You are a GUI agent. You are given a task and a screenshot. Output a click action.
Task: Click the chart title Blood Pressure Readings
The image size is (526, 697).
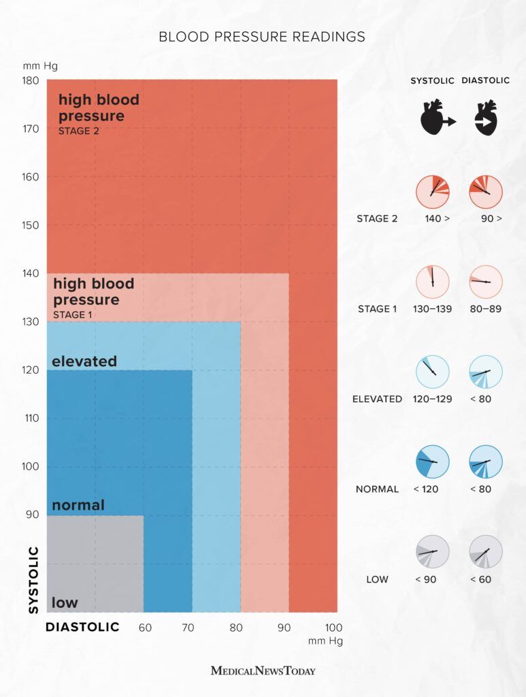(x=262, y=37)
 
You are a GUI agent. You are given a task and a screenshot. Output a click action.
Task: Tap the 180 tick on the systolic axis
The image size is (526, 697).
(x=30, y=80)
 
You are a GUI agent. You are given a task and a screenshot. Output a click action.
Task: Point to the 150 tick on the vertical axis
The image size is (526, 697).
(x=30, y=225)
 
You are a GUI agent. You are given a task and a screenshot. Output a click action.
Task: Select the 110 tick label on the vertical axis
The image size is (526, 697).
(x=30, y=418)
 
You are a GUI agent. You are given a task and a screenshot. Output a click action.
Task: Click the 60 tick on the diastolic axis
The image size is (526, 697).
(x=145, y=627)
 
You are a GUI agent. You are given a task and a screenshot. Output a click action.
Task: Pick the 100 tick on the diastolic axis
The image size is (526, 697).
(x=334, y=627)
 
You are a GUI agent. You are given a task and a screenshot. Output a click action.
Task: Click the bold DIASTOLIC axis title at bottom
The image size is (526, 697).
(x=82, y=627)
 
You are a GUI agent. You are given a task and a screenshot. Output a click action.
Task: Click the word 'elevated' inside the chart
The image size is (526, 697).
(x=84, y=361)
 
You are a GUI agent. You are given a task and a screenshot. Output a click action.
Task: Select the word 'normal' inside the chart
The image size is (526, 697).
(x=78, y=505)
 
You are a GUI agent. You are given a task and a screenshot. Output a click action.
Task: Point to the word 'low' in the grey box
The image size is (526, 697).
(x=65, y=602)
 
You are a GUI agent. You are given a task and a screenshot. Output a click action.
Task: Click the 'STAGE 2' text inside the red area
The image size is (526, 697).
(x=78, y=131)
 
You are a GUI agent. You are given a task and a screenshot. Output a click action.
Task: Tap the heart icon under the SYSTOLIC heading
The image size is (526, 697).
(x=433, y=120)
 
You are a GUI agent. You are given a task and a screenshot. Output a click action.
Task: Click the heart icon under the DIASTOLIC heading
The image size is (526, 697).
(x=485, y=120)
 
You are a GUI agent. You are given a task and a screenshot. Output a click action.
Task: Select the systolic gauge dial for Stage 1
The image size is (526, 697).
(x=432, y=282)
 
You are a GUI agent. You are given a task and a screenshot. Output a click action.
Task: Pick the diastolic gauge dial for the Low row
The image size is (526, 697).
(x=486, y=552)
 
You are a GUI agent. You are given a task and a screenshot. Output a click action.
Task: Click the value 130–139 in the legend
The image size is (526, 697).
(x=432, y=309)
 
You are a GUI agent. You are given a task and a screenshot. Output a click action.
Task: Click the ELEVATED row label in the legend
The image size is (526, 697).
(x=377, y=399)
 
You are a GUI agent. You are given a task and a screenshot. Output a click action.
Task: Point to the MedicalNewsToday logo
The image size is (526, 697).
(x=263, y=670)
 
